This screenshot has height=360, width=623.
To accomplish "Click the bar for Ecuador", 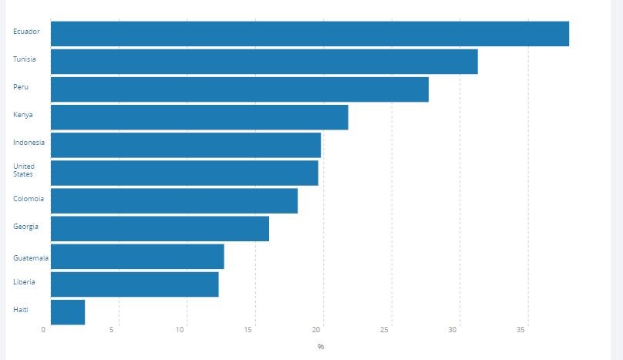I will pos(309,34).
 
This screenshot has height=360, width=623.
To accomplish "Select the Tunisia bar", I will pos(264,62).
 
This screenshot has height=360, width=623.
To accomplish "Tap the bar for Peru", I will pos(239,89).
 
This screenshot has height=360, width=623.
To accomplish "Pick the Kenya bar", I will pos(199,117).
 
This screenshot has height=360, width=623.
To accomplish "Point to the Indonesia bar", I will pos(185,145).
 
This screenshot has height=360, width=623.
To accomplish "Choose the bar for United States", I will pos(184,173).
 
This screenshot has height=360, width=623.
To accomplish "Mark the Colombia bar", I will pos(173,200).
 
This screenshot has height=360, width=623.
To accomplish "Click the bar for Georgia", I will pos(160,229).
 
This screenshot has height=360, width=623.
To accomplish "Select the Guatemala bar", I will pos(137,257).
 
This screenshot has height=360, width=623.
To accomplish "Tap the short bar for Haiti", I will pos(68,312).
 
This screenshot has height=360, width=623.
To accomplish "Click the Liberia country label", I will pos(24,282).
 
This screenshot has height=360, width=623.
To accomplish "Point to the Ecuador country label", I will pos(26,32).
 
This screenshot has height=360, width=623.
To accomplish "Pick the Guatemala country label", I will pos(31,257).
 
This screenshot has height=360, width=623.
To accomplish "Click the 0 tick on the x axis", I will pos(44,330).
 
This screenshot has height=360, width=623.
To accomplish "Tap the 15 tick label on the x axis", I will pos(248,330).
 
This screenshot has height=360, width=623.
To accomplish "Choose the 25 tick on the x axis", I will pos(385,330).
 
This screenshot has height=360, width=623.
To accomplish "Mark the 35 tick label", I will pos(521,330).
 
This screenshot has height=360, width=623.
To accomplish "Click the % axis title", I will pos(321,347).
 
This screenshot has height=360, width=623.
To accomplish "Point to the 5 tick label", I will pos(113,330).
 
